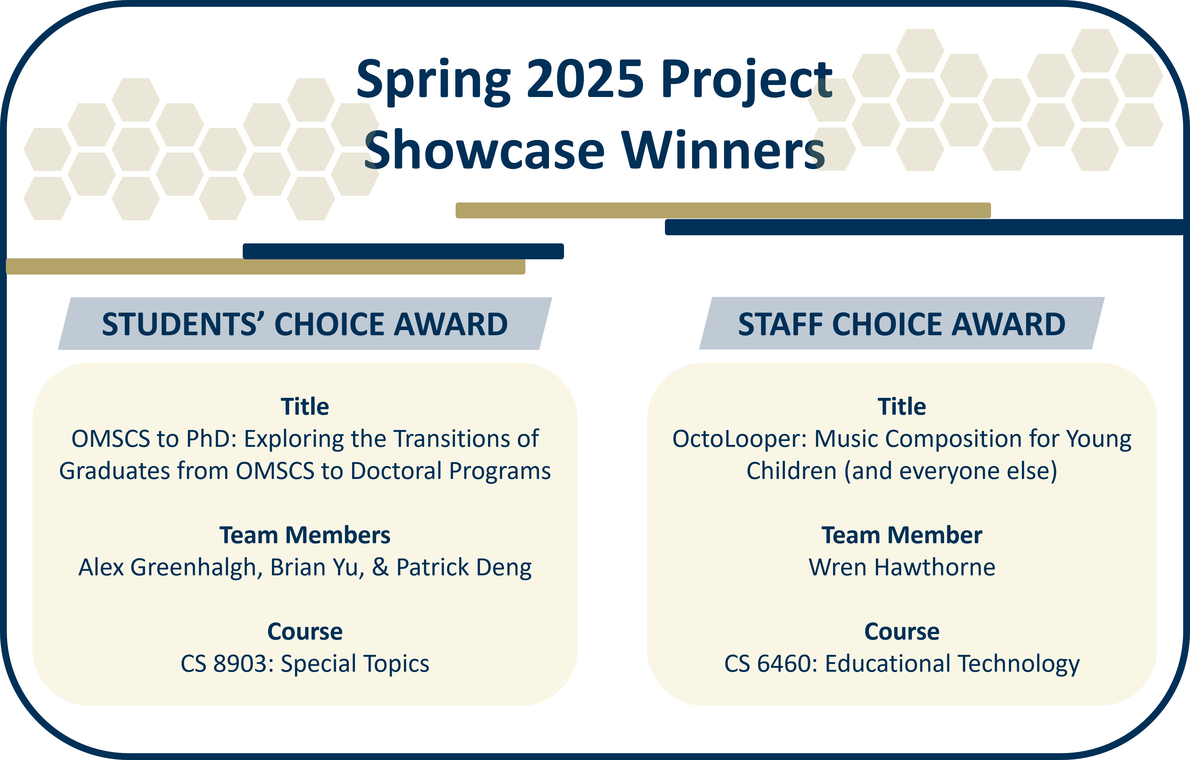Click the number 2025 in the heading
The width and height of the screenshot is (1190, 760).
[586, 79]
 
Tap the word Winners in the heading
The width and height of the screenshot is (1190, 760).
[723, 150]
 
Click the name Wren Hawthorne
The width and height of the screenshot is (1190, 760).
[902, 567]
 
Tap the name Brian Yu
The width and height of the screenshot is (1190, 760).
[317, 567]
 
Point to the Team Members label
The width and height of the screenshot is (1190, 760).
[305, 535]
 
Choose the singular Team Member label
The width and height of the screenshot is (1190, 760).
[902, 535]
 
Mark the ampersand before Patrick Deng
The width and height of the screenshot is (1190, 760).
[380, 567]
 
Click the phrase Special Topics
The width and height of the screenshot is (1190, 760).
[355, 663]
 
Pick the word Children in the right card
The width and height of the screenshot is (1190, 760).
[791, 471]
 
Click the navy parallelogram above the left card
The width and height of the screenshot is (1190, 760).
[305, 324]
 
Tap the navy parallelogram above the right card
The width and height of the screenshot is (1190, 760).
[902, 324]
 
